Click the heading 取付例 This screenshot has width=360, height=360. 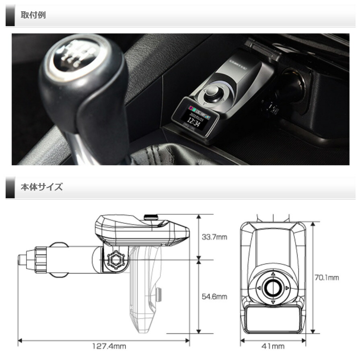point(33,15)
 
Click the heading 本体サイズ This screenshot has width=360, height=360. point(41,187)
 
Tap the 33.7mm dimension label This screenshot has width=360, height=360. point(214,237)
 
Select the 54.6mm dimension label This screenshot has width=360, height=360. point(214,297)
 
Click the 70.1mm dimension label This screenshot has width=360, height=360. point(326,277)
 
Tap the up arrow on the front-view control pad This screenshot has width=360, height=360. point(273,274)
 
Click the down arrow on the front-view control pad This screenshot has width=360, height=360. point(273,302)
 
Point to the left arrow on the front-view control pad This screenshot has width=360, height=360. point(259,288)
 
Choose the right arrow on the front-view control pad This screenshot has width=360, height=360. point(287,288)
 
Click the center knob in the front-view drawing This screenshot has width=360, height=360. point(273,288)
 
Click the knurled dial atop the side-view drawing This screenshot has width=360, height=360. point(151,217)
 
